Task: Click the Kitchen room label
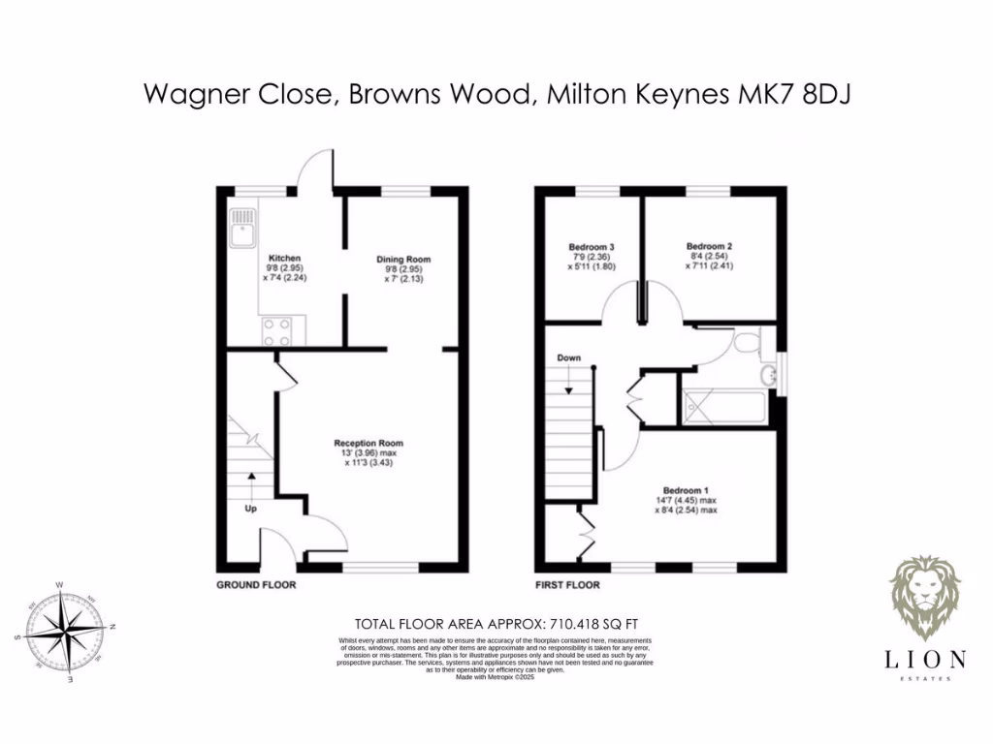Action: (x=284, y=259)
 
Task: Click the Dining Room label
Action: (x=403, y=260)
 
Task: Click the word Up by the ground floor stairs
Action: (x=250, y=508)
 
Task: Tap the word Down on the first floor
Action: (x=569, y=358)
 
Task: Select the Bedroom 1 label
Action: (x=686, y=489)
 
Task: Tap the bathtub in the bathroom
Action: (x=725, y=405)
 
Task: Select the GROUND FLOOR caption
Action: (x=256, y=585)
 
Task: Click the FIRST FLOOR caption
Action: (x=567, y=585)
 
